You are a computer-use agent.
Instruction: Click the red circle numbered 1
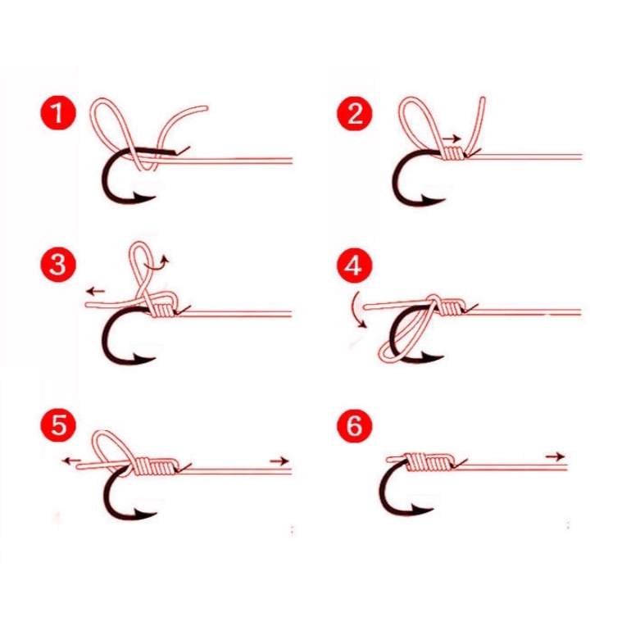point(58,113)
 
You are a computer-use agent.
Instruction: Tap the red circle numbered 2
point(355,113)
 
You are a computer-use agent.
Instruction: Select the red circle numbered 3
point(58,266)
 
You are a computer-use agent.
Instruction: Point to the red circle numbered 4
point(355,266)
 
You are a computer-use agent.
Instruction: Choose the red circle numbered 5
point(58,424)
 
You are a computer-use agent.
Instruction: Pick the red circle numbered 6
point(355,424)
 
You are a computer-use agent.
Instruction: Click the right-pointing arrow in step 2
point(452,138)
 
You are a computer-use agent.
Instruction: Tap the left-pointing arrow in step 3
point(96,291)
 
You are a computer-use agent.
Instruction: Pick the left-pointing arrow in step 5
point(72,461)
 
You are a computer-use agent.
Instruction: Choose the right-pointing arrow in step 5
point(279,461)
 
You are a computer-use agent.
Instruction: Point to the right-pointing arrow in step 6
point(556,456)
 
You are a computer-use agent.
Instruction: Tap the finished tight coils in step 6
point(429,462)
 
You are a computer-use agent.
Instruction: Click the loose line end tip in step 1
point(205,108)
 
